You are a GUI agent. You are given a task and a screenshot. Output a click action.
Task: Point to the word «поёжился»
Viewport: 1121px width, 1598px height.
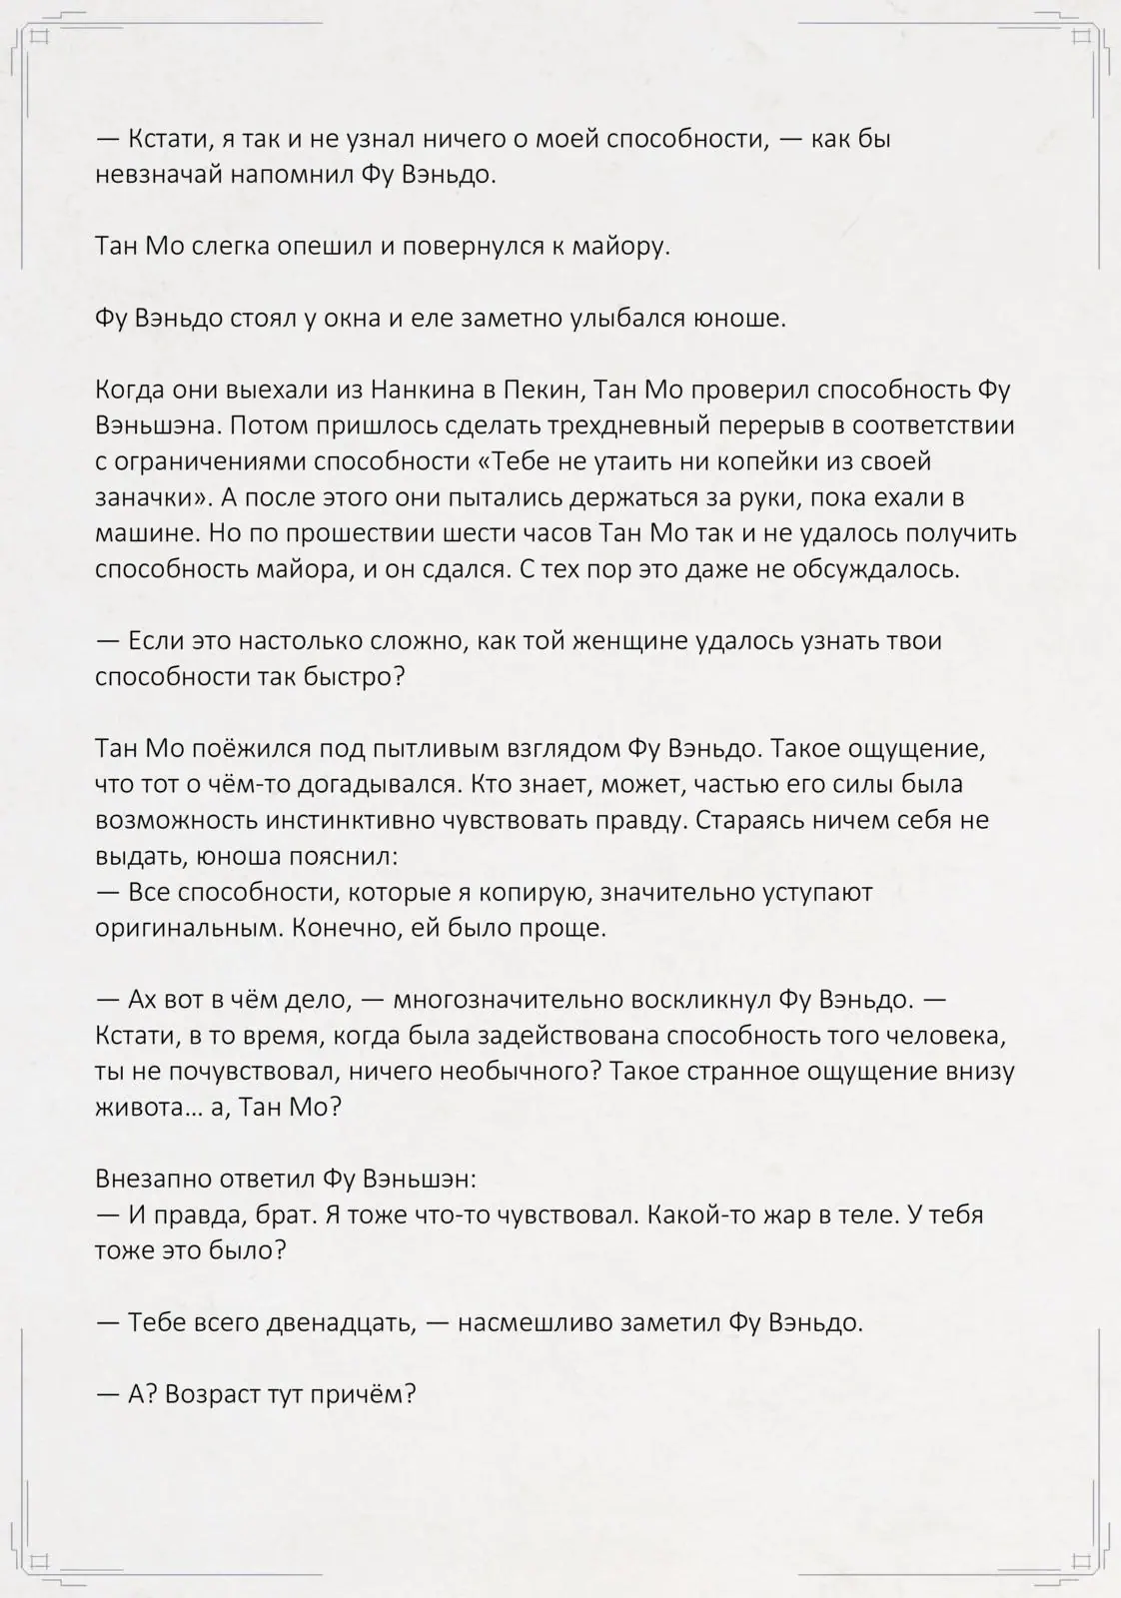[x=243, y=748]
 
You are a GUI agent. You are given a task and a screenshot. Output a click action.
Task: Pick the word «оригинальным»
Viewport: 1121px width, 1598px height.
[x=188, y=928]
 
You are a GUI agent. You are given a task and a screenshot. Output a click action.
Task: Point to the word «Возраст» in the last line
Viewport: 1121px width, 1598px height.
[x=212, y=1394]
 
